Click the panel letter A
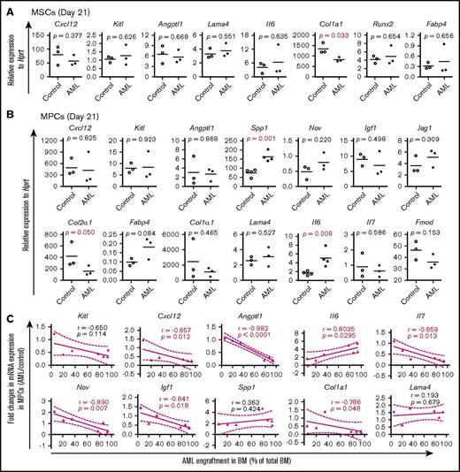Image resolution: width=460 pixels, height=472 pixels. tap(6, 8)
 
